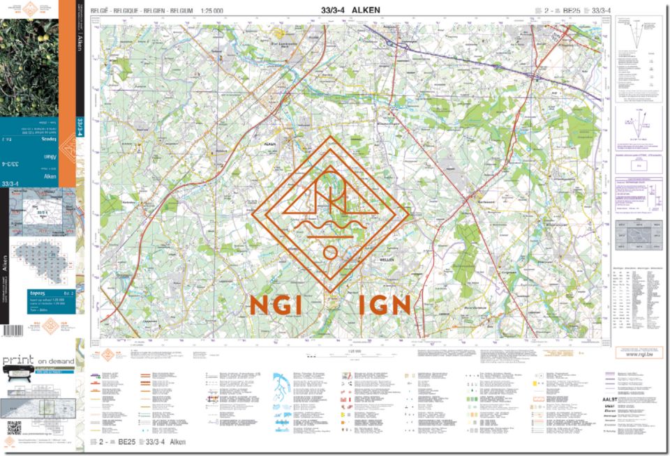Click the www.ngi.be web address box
[x=639, y=354]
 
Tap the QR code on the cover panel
[x=14, y=428]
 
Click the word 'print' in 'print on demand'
[x=20, y=360]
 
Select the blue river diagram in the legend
[x=283, y=383]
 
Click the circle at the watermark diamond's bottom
[x=330, y=252]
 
